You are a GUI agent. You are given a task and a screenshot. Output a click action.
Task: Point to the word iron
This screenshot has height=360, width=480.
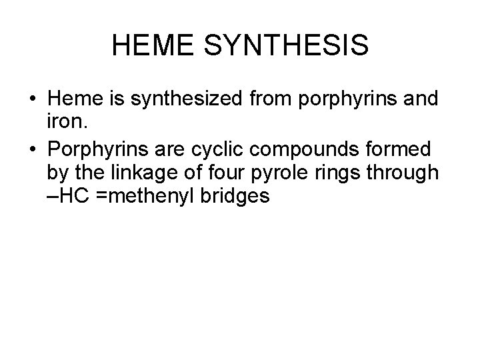(65, 124)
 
